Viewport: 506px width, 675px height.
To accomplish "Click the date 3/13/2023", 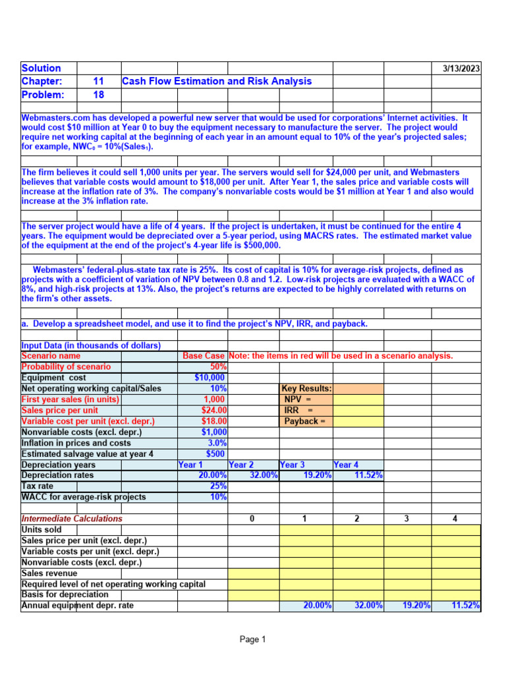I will [x=461, y=69].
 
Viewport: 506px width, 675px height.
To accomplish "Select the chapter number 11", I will [x=98, y=81].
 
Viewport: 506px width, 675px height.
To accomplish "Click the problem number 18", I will [x=98, y=94].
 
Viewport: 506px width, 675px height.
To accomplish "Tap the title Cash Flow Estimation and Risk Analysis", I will [x=217, y=81].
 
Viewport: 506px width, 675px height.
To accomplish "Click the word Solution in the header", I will [x=41, y=68].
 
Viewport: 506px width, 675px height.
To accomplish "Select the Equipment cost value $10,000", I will [x=210, y=378].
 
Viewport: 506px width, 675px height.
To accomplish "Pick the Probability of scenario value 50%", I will [x=217, y=367].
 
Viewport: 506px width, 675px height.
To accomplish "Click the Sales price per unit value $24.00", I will [x=212, y=410].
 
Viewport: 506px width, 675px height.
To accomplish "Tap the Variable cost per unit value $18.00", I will [x=212, y=421].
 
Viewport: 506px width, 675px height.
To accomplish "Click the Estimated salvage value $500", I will [x=215, y=454].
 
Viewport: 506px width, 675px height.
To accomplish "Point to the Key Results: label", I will [x=306, y=389].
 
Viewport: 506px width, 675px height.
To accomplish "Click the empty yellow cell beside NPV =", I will [x=358, y=399].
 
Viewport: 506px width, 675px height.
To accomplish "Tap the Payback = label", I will [x=304, y=421].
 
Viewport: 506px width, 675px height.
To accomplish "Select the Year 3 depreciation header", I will [x=293, y=464].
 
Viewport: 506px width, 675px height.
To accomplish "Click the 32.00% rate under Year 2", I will [x=264, y=475].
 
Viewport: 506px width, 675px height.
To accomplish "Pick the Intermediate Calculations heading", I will [x=72, y=519].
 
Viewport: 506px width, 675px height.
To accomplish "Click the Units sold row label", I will [x=42, y=529].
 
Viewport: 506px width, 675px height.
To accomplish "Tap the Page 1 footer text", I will [x=252, y=639].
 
